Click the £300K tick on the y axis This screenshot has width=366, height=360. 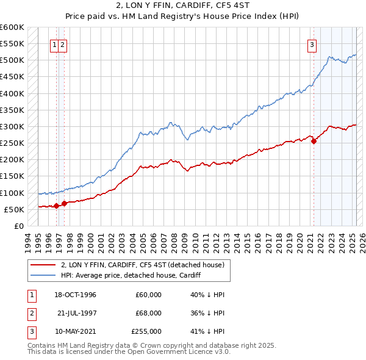(x=13, y=127)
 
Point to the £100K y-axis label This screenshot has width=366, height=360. (x=13, y=193)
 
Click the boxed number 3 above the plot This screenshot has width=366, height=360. (x=312, y=44)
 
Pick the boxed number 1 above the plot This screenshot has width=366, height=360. (x=55, y=44)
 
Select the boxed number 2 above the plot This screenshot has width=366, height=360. (x=63, y=44)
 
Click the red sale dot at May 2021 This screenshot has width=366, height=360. (x=314, y=141)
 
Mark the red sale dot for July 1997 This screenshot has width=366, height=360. (x=64, y=203)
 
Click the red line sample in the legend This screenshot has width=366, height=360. (x=43, y=265)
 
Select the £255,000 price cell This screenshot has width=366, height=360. (x=146, y=331)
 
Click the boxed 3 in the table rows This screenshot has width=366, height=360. (x=30, y=331)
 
